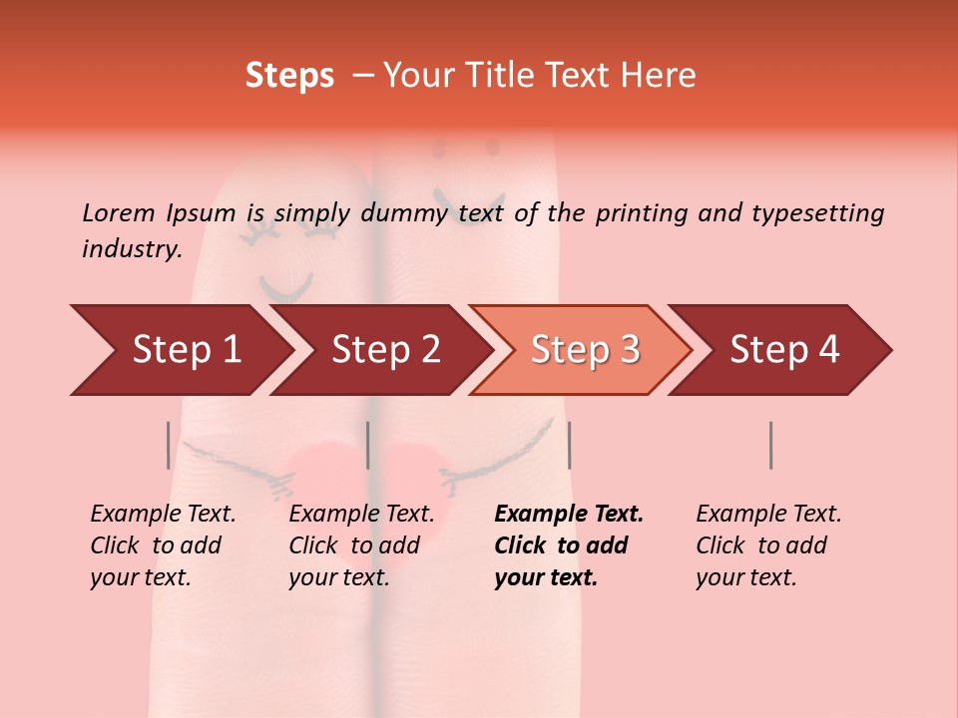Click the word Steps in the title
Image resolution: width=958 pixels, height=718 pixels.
point(289,76)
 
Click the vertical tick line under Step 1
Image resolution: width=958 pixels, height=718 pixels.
point(168,445)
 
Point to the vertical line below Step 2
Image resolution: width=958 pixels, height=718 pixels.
point(368,445)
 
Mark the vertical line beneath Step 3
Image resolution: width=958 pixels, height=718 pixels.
point(569,445)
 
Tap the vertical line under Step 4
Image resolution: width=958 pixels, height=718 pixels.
point(770,445)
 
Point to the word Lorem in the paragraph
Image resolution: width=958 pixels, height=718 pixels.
point(119,212)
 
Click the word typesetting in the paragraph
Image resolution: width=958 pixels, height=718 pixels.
point(817,212)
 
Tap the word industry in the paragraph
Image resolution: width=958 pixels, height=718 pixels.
point(131,249)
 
